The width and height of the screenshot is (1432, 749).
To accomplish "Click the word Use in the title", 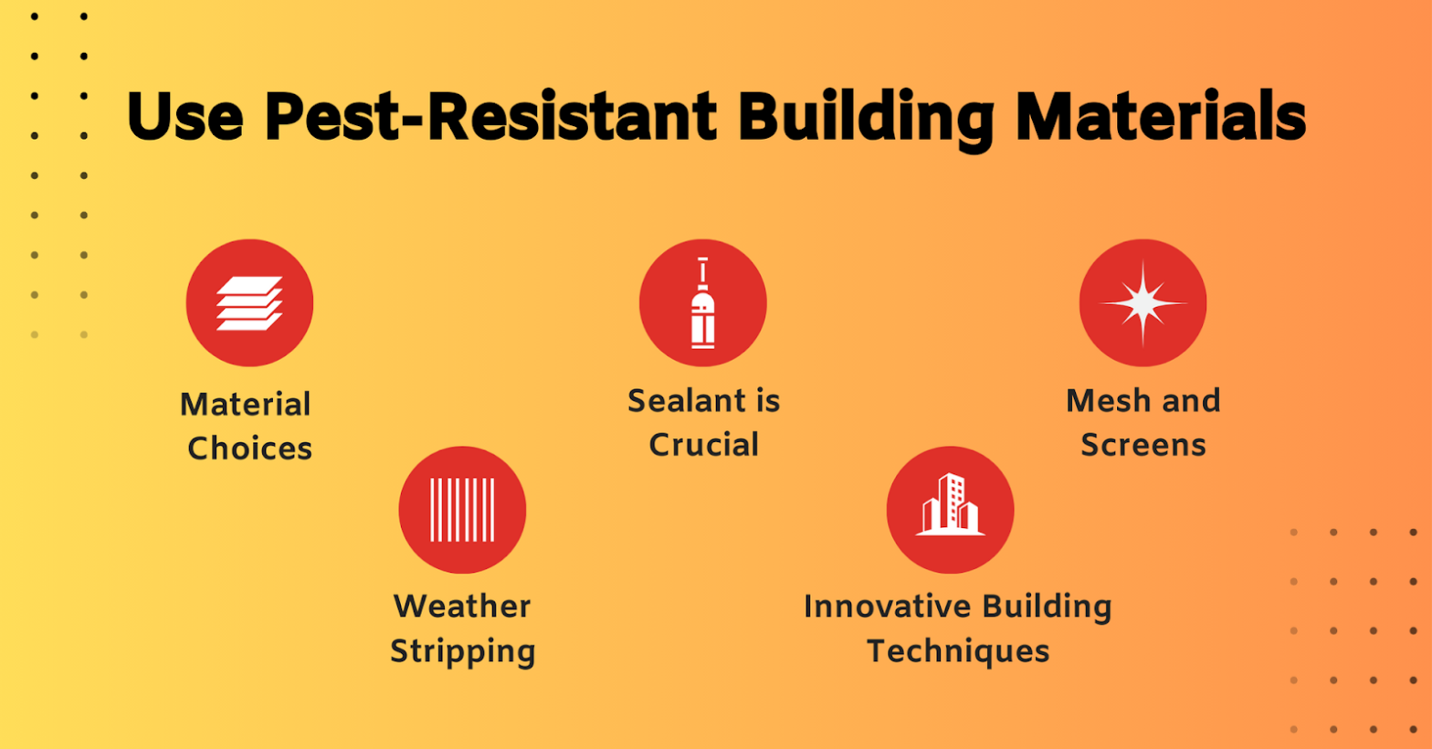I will click(185, 117).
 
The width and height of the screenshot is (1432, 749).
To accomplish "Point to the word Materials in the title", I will click(1161, 117).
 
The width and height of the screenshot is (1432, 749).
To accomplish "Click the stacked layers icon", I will click(249, 303).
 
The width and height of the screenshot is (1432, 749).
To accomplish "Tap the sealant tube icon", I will click(702, 303).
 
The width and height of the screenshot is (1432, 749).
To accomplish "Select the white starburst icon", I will click(1142, 303).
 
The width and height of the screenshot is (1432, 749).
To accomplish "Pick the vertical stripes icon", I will click(462, 510).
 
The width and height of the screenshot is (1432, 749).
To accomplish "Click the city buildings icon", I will click(950, 510).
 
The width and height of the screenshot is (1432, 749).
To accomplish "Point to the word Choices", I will click(249, 448).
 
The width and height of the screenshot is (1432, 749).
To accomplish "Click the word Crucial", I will click(703, 445).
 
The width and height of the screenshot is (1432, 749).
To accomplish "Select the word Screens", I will click(1143, 445).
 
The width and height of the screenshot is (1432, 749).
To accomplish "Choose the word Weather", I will click(462, 607).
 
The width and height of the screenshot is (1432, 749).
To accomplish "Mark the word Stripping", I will click(462, 652).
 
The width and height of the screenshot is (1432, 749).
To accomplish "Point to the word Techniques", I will click(958, 651).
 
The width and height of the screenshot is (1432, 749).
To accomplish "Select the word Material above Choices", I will click(246, 405).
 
